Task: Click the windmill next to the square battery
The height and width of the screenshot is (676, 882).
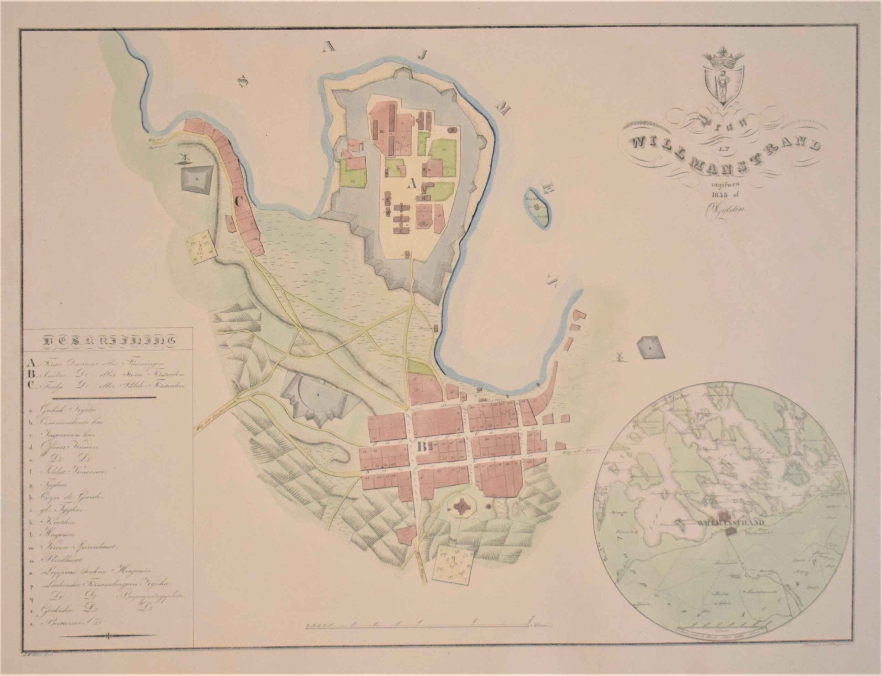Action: pos(184,159)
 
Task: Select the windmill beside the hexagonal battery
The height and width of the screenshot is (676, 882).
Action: pos(619,355)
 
